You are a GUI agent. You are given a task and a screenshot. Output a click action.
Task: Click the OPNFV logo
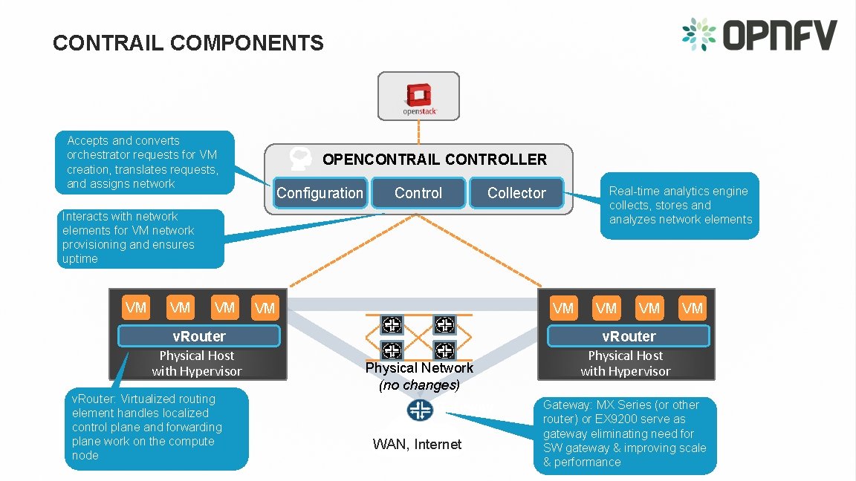759,35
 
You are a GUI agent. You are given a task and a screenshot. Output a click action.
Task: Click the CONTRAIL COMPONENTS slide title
188,43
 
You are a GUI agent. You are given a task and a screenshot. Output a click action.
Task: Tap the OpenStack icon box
418,96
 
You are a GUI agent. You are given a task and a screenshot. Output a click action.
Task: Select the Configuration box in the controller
320,193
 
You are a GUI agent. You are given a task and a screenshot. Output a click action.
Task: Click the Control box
418,193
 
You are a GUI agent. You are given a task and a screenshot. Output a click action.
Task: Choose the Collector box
516,193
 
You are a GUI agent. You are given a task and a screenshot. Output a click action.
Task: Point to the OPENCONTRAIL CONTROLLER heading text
434,160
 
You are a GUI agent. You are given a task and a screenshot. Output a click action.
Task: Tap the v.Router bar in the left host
198,336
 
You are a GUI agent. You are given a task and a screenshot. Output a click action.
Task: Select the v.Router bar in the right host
628,336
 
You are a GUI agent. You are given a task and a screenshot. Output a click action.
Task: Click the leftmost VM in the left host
136,307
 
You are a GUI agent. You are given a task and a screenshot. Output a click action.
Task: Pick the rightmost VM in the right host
693,307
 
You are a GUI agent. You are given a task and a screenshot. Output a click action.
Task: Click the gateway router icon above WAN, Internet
420,410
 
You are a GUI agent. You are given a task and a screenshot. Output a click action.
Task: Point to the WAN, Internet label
417,445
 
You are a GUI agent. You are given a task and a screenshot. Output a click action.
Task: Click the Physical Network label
419,368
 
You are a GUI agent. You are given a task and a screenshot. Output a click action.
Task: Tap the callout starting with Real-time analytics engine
679,206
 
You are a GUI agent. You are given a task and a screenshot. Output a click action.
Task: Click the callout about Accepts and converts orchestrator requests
145,162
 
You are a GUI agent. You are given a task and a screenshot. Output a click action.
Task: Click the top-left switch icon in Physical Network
392,324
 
